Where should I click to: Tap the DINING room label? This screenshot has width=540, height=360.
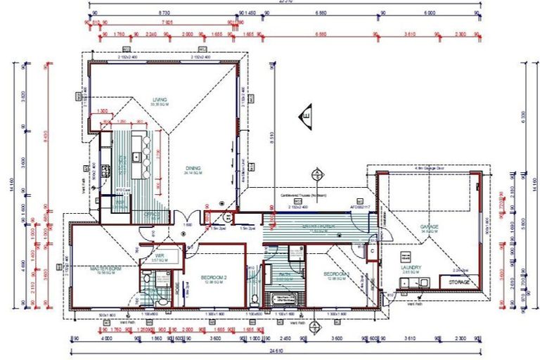click(193, 169)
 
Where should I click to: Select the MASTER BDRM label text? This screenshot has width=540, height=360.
click(106, 269)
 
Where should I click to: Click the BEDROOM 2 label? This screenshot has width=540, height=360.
click(210, 277)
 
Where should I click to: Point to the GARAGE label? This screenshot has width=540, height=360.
click(429, 226)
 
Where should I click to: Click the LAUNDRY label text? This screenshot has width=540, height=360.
click(411, 268)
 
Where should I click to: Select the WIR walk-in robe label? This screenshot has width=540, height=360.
click(160, 256)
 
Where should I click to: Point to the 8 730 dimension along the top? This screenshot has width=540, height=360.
click(164, 13)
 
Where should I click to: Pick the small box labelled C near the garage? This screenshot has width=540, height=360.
click(373, 251)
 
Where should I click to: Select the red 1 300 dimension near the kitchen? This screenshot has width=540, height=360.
click(103, 111)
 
